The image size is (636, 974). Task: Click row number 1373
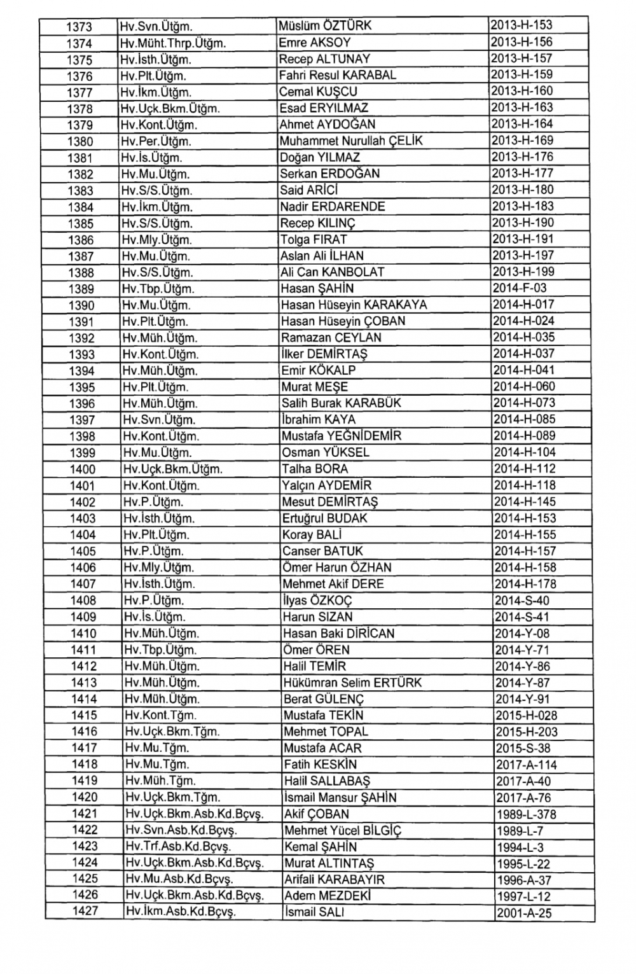click(79, 27)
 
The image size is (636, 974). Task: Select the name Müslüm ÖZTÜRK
click(325, 26)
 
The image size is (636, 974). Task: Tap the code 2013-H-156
click(521, 42)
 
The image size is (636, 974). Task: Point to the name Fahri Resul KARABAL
click(338, 75)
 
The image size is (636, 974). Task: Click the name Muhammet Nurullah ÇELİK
click(351, 141)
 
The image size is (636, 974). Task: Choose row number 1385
click(80, 224)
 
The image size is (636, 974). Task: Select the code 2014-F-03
click(520, 288)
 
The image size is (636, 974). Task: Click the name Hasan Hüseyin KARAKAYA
click(354, 305)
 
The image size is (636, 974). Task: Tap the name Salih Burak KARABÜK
click(342, 403)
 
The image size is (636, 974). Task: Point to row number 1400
click(82, 470)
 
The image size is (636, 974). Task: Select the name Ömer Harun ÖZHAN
click(337, 567)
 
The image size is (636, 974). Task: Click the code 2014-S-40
click(522, 601)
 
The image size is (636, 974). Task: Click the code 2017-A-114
click(526, 765)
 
